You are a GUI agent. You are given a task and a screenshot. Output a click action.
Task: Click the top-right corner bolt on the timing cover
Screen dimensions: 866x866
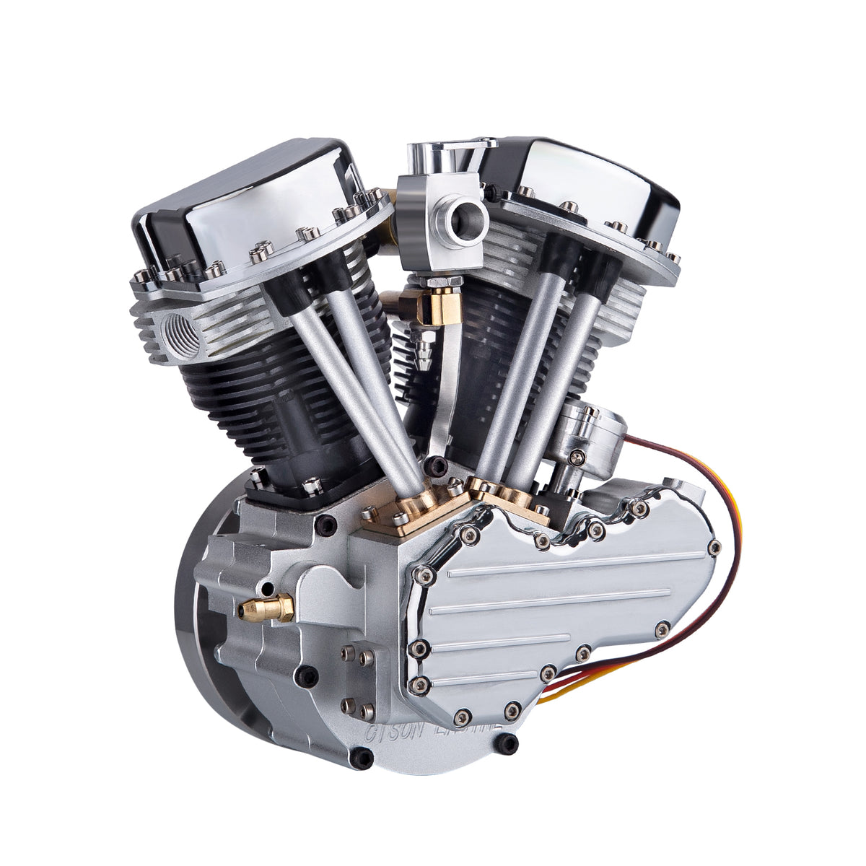[x=714, y=546]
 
